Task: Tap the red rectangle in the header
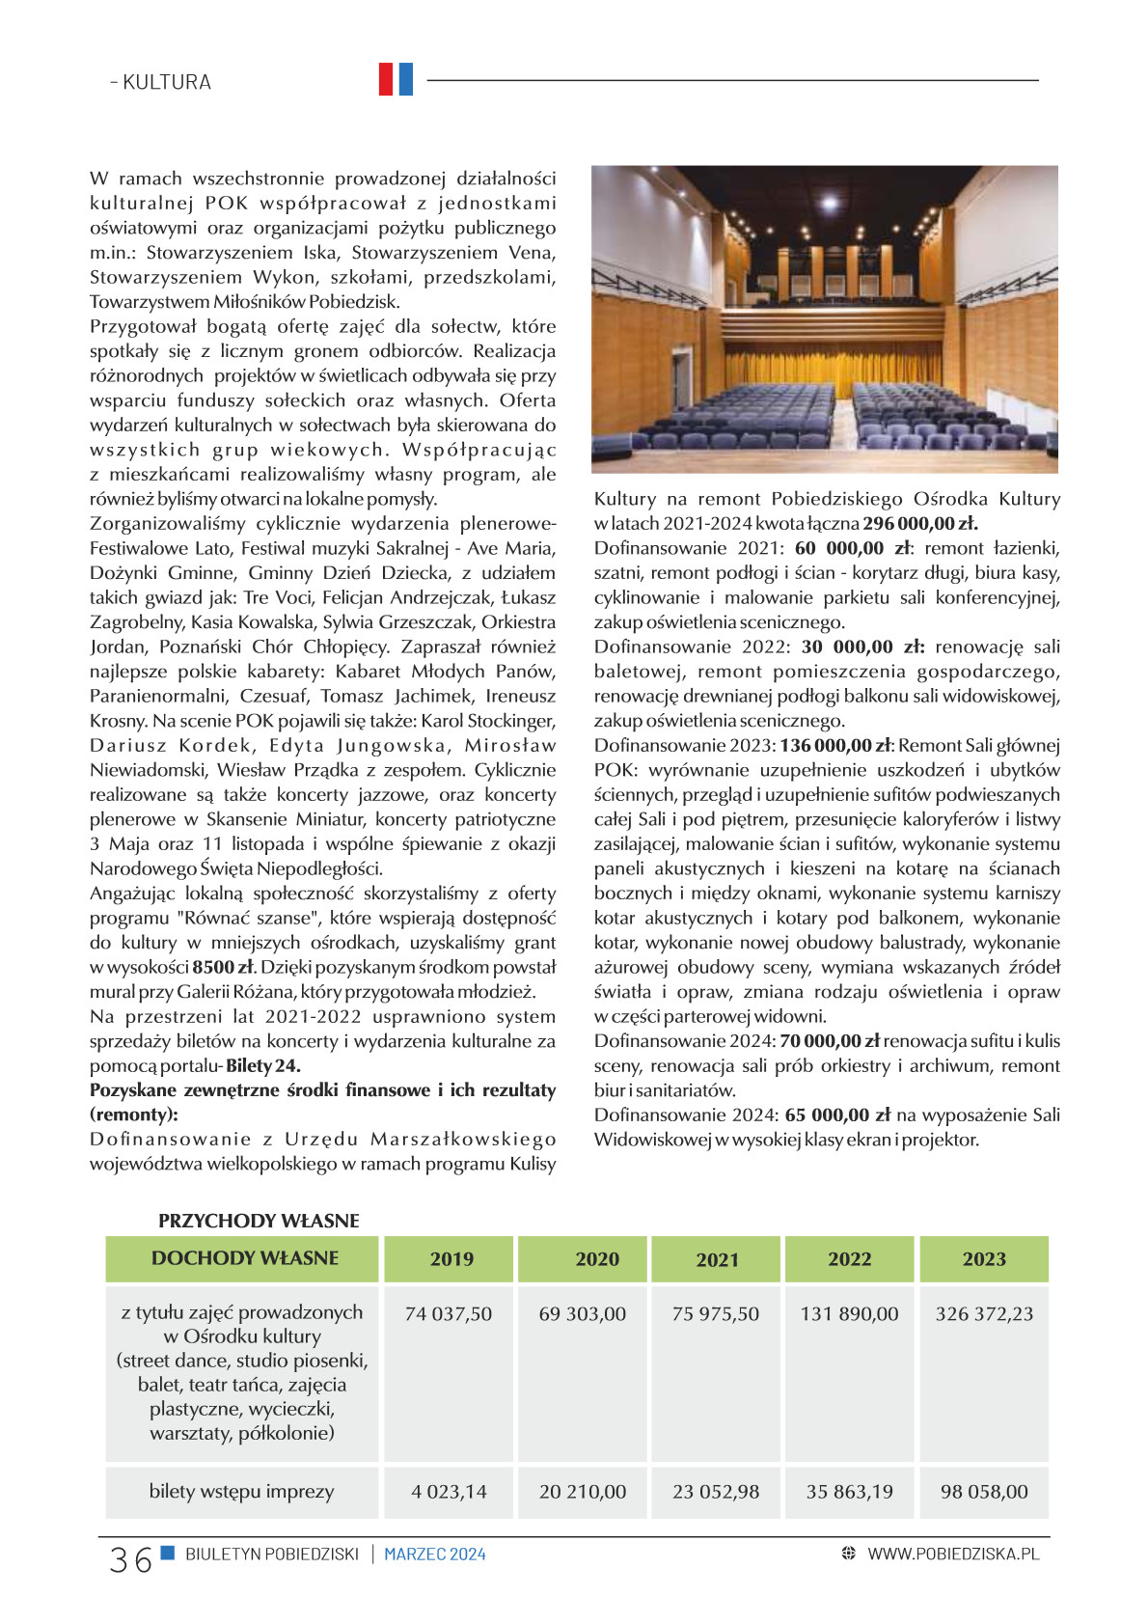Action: coord(386,79)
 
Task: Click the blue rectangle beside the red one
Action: coord(405,79)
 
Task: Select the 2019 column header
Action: coord(451,1259)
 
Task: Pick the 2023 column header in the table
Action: coord(984,1259)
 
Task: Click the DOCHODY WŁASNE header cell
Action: coord(245,1258)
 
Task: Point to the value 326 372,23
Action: coord(984,1314)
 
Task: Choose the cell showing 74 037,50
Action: coord(449,1314)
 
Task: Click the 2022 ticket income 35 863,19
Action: coord(850,1492)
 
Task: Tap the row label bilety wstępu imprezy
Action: coord(241,1492)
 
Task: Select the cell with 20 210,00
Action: coord(583,1492)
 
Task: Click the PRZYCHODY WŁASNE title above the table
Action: coord(259,1221)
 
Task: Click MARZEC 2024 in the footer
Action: coord(435,1555)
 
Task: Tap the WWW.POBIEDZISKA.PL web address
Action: coord(953,1554)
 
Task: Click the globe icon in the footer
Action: coord(849,1554)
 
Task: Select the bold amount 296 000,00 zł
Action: coord(920,524)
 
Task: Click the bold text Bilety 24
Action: coord(263,1066)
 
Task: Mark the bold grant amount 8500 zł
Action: coord(223,968)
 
